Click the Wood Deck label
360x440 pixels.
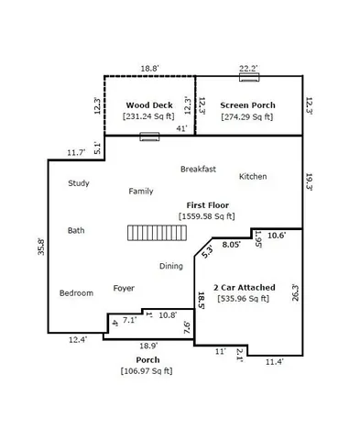148,105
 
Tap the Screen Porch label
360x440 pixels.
248,105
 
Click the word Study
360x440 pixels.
79,183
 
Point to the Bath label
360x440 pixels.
76,230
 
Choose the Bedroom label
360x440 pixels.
76,292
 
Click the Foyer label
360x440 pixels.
124,288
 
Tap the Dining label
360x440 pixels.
171,266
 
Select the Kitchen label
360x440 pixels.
253,176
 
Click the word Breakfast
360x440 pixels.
198,169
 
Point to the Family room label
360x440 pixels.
140,191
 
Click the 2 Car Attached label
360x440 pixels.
245,287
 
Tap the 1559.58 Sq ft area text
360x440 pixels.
207,216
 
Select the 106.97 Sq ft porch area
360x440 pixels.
148,370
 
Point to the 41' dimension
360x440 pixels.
182,128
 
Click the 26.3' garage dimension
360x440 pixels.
296,293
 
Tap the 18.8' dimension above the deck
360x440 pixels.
148,68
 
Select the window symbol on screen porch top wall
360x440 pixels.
247,76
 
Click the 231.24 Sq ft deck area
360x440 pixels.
148,116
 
